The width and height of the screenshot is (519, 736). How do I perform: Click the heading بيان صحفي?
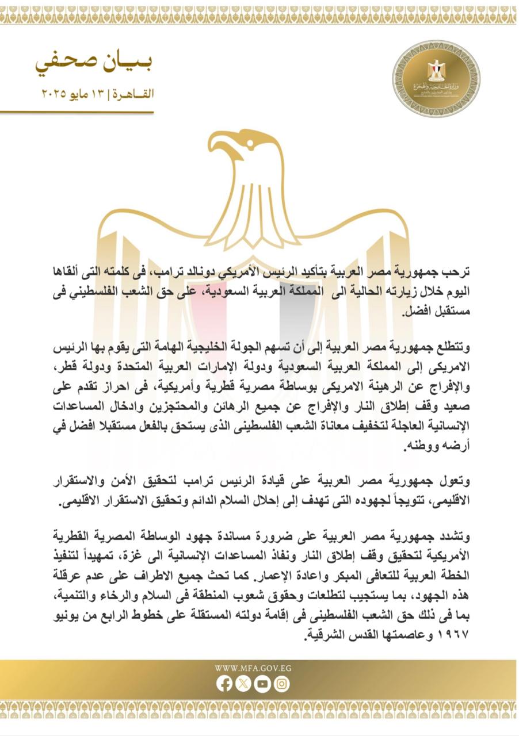tap(95, 63)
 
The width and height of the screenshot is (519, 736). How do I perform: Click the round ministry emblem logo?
tap(436, 78)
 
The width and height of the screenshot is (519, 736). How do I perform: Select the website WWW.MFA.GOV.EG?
tap(253, 668)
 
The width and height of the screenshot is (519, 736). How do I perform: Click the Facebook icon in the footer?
tap(225, 684)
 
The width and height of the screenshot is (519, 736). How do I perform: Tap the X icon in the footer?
tap(243, 684)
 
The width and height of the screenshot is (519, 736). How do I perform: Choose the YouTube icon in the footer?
tap(262, 684)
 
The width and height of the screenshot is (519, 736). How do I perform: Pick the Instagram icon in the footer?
tap(281, 684)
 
